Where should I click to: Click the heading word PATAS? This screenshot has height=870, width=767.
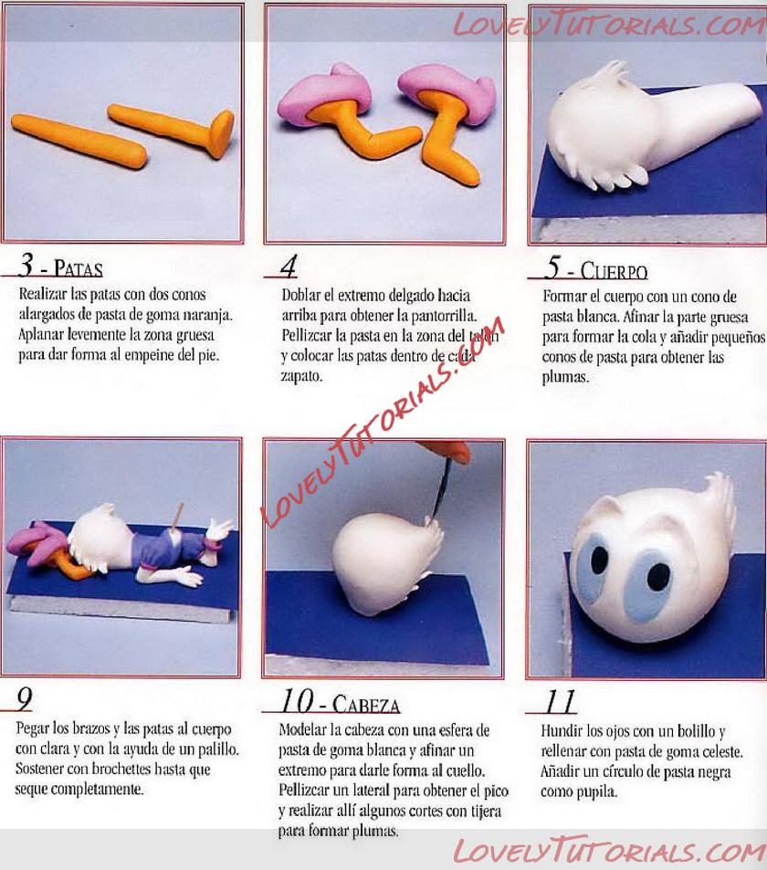(x=79, y=269)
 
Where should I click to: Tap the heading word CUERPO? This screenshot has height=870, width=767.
(x=614, y=271)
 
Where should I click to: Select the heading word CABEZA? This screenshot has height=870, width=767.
(x=366, y=705)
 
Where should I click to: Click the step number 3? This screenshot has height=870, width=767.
(x=26, y=264)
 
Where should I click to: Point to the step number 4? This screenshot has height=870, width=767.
(x=289, y=266)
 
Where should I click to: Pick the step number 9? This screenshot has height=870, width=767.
(x=25, y=699)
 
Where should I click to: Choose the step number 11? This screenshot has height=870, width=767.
(x=560, y=701)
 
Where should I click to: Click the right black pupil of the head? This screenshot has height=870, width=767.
(x=658, y=577)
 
